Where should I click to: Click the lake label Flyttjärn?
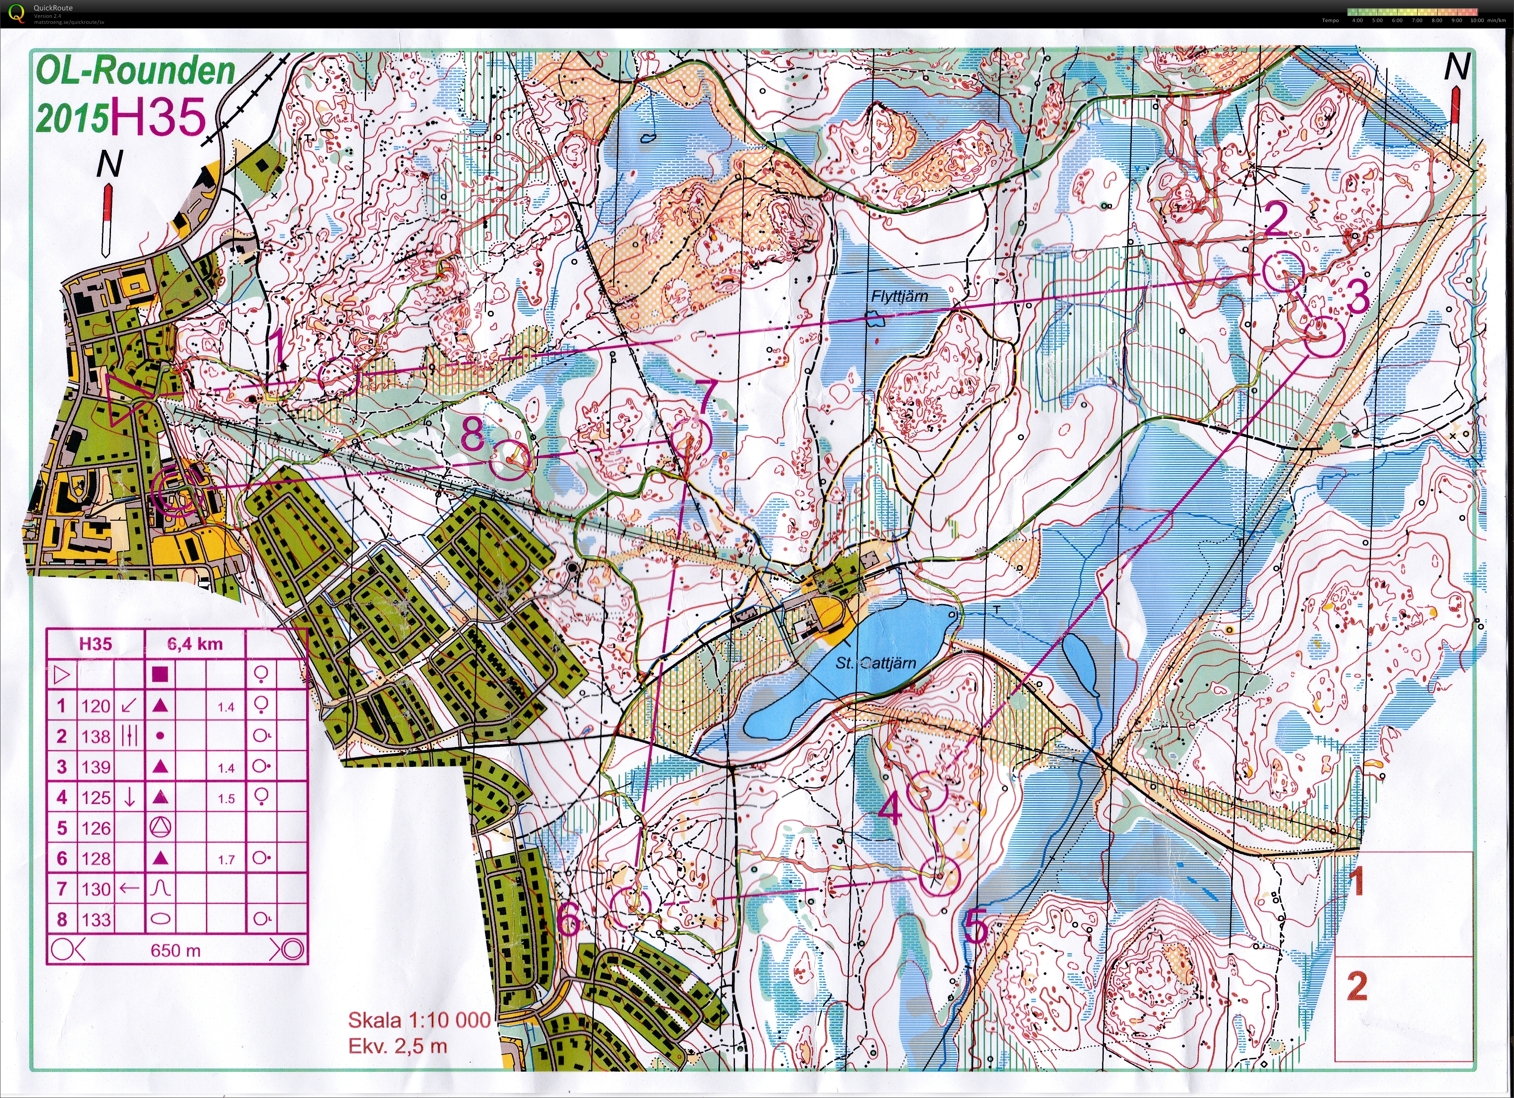(x=899, y=296)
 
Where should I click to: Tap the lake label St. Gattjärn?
(x=876, y=663)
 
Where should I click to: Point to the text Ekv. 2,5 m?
(x=398, y=1046)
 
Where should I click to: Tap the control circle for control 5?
(x=938, y=876)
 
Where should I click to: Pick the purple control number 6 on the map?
(x=569, y=921)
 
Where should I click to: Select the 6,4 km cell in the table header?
(x=195, y=644)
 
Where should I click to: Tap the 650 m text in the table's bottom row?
(x=176, y=950)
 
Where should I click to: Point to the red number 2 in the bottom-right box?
(x=1358, y=986)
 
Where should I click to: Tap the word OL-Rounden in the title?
(x=136, y=71)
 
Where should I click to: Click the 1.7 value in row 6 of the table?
(x=226, y=860)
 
